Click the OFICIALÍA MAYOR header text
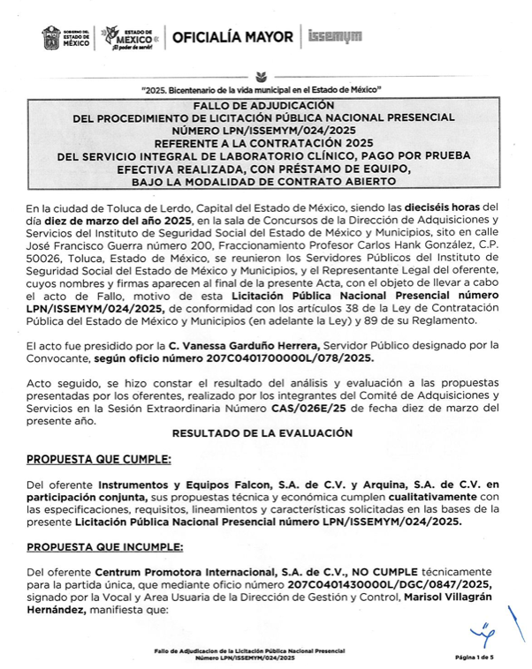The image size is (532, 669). pyautogui.click(x=232, y=37)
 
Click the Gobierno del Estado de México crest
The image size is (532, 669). pyautogui.click(x=50, y=38)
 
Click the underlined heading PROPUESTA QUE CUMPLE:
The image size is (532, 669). pyautogui.click(x=99, y=460)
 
